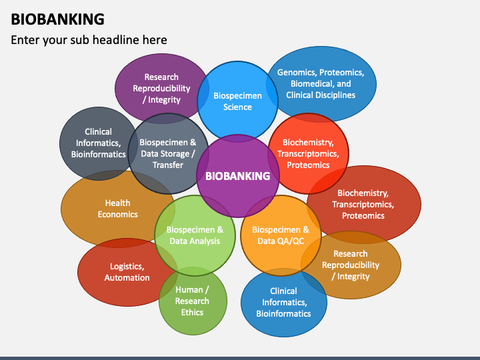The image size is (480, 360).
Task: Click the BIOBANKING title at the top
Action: pyautogui.click(x=57, y=19)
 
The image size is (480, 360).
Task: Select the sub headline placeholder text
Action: pyautogui.click(x=89, y=40)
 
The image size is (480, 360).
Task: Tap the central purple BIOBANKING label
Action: pyautogui.click(x=238, y=176)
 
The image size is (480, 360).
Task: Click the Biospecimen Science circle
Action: pyautogui.click(x=237, y=101)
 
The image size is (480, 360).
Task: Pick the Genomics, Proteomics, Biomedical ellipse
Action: pyautogui.click(x=321, y=84)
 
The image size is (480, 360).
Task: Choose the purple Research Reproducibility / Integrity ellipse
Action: pyautogui.click(x=161, y=89)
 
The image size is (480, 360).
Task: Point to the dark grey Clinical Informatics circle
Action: pyautogui.click(x=98, y=143)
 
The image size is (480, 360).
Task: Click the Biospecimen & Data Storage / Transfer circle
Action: pyautogui.click(x=168, y=154)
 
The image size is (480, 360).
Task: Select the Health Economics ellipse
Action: pyautogui.click(x=118, y=209)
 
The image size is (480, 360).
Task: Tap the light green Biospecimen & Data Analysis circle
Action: pyautogui.click(x=195, y=235)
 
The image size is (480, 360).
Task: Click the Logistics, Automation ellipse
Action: pyautogui.click(x=127, y=272)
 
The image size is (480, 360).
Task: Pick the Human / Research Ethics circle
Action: pyautogui.click(x=193, y=301)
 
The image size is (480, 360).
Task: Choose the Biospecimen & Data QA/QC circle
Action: pyautogui.click(x=281, y=235)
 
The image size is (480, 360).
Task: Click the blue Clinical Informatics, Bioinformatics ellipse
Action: pyautogui.click(x=284, y=303)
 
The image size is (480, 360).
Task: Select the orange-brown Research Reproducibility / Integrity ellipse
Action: pyautogui.click(x=351, y=265)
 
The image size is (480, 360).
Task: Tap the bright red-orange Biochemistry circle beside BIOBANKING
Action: pyautogui.click(x=308, y=154)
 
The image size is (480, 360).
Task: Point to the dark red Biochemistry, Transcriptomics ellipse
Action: pyautogui.click(x=364, y=205)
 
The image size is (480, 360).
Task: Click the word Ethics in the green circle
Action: pyautogui.click(x=192, y=312)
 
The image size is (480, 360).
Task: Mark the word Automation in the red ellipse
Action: pyautogui.click(x=127, y=277)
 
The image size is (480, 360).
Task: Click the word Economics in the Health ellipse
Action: pyautogui.click(x=118, y=214)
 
